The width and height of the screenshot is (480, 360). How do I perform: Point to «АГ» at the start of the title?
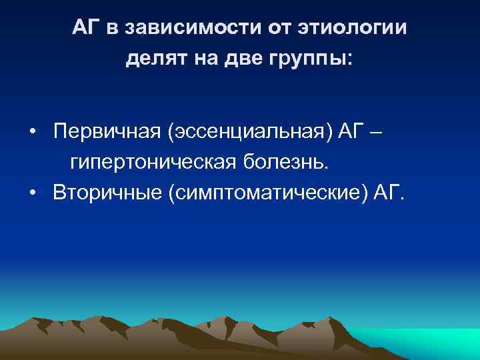pos(86,29)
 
